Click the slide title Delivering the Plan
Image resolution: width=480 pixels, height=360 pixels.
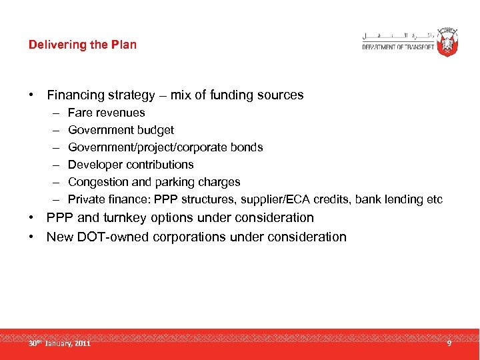(x=83, y=45)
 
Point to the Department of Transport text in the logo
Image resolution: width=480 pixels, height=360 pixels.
(x=399, y=47)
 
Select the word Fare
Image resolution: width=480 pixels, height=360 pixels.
(x=80, y=113)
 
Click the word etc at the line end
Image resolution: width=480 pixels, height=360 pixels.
(x=434, y=199)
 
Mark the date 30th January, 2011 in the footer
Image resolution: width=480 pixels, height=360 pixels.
(x=59, y=343)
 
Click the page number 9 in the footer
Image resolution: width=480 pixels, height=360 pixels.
(x=449, y=343)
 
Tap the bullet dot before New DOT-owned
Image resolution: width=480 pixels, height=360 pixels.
(x=31, y=237)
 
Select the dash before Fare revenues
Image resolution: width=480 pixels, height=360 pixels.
(x=53, y=113)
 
